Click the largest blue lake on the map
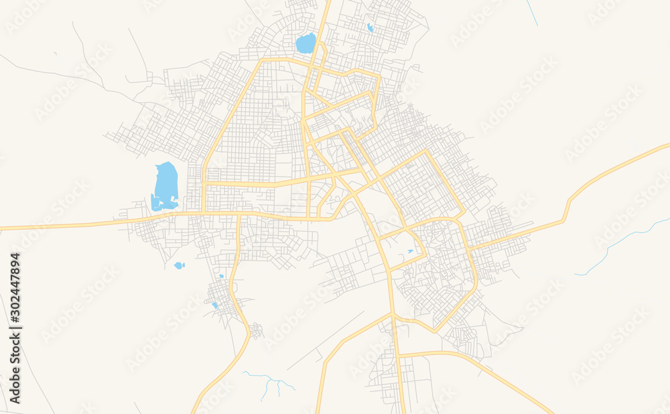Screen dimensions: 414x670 [x=165, y=185]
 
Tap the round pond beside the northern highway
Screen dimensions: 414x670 [x=306, y=44]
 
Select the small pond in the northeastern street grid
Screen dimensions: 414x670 [x=370, y=27]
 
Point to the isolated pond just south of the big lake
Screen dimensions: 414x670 [x=179, y=265]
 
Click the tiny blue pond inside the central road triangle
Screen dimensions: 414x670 [x=410, y=251]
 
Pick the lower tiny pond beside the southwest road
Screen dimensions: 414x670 [x=214, y=305]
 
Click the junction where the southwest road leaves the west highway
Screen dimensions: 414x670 [x=239, y=215]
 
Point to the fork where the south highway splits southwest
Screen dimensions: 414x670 [x=392, y=314]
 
